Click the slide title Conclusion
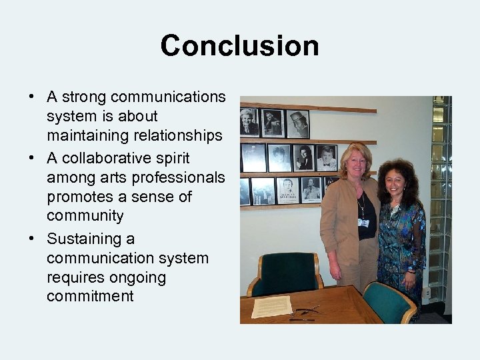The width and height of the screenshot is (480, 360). [x=239, y=46]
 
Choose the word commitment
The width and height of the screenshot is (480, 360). [x=90, y=297]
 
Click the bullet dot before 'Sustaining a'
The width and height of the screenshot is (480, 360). [x=33, y=239]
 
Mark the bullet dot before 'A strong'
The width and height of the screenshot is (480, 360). [x=33, y=97]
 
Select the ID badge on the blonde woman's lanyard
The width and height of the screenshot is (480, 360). [x=363, y=223]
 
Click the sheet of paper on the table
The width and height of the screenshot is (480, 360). [x=271, y=305]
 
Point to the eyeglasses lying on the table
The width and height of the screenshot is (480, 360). [x=306, y=311]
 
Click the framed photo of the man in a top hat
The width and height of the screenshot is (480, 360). [x=297, y=124]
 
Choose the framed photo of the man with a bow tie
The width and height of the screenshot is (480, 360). [x=327, y=159]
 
